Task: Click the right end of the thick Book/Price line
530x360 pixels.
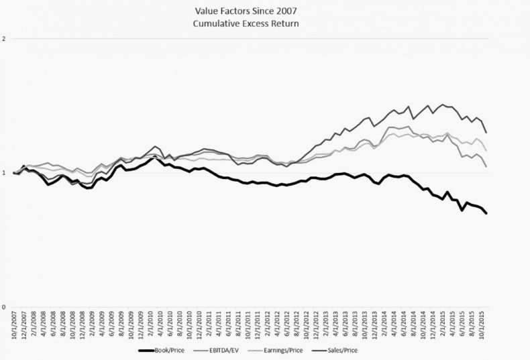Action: point(486,213)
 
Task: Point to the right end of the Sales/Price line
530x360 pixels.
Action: point(486,132)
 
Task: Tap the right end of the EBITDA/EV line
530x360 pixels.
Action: point(486,166)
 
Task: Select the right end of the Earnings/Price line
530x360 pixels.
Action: point(486,150)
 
